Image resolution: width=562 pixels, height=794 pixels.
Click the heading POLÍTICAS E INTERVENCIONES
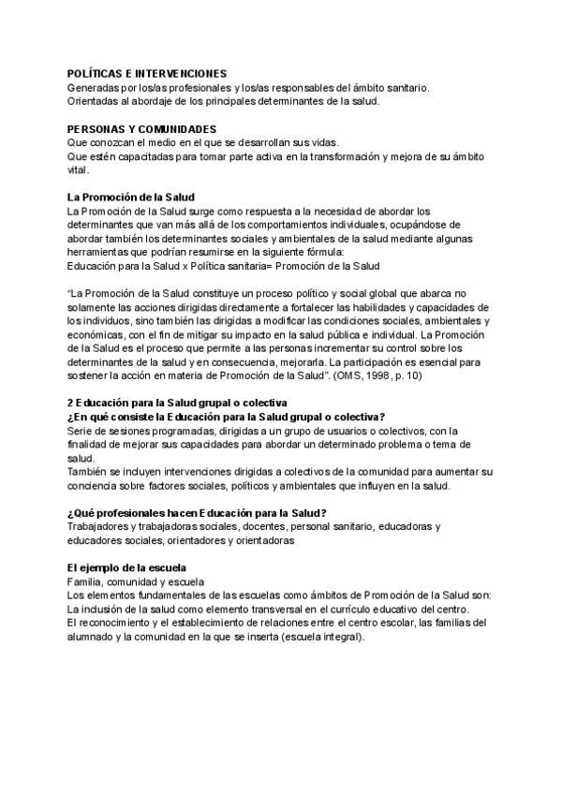coord(147,73)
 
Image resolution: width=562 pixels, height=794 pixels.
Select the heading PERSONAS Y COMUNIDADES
coord(141,128)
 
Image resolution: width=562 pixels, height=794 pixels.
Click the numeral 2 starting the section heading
coord(70,403)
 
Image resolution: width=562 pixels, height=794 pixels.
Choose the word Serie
coord(80,430)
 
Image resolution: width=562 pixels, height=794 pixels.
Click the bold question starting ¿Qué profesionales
coord(197,512)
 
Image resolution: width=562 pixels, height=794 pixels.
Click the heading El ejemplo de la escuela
coord(126,567)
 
